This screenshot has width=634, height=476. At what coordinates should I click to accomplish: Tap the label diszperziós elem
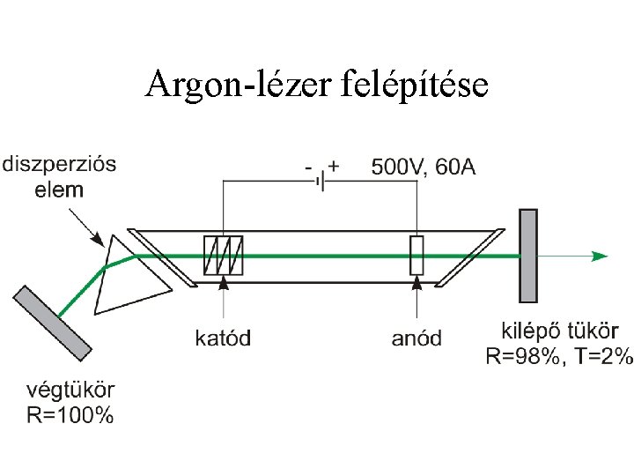[x=59, y=176]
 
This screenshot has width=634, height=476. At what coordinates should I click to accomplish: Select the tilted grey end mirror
[x=52, y=322]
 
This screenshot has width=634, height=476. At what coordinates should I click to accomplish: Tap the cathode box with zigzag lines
[x=224, y=256]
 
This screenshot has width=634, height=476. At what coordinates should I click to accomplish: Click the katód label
[x=223, y=338]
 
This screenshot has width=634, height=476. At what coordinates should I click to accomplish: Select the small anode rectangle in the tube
[x=417, y=256]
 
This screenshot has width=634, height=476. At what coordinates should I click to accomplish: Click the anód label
[x=417, y=338]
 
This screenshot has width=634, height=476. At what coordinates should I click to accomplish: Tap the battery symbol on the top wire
[x=323, y=181]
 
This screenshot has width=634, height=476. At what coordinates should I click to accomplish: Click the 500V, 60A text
[x=423, y=167]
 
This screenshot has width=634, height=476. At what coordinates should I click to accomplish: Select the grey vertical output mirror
[x=528, y=256]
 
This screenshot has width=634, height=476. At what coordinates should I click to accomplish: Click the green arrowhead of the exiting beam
[x=600, y=256]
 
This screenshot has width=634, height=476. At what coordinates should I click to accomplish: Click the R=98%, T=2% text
[x=560, y=356]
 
